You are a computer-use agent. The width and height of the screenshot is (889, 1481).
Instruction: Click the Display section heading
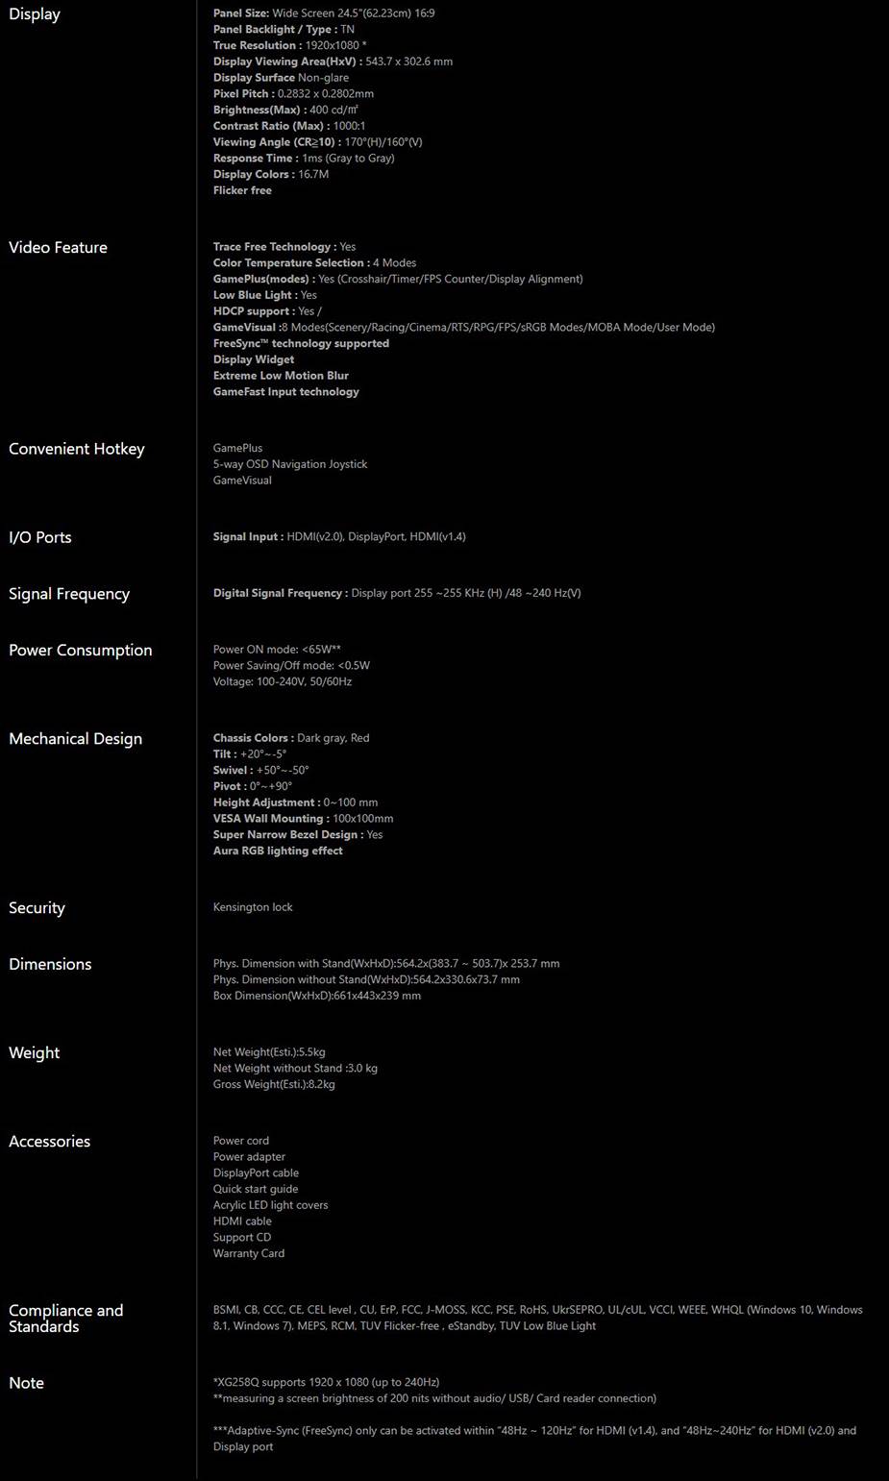(35, 14)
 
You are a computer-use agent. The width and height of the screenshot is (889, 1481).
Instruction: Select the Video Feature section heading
(58, 248)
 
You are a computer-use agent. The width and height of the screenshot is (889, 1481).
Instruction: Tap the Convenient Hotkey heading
(76, 449)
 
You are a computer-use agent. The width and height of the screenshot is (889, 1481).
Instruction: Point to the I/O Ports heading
(40, 537)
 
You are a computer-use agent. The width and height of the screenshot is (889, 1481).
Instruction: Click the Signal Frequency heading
(69, 594)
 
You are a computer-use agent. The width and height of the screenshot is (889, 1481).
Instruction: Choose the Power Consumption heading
(80, 651)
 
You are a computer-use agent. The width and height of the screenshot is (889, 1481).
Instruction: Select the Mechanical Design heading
(75, 739)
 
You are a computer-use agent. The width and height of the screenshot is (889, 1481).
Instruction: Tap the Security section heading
(37, 908)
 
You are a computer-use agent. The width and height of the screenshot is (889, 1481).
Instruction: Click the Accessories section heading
(49, 1142)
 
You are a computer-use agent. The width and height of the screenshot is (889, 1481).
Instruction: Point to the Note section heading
(26, 1383)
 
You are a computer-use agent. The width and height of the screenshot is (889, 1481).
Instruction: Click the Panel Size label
(241, 13)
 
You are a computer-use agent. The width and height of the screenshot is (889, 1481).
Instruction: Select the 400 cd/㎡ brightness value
(333, 110)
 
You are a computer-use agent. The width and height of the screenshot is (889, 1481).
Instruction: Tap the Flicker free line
(242, 190)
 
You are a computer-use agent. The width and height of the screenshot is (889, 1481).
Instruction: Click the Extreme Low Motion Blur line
(281, 376)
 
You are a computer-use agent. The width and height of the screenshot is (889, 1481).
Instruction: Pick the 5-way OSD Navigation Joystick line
(290, 464)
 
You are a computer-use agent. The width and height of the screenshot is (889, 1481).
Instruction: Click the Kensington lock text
(253, 907)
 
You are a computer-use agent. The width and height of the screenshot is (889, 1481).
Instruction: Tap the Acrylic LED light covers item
(270, 1205)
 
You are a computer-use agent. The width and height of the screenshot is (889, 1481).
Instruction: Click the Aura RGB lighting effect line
(278, 851)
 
